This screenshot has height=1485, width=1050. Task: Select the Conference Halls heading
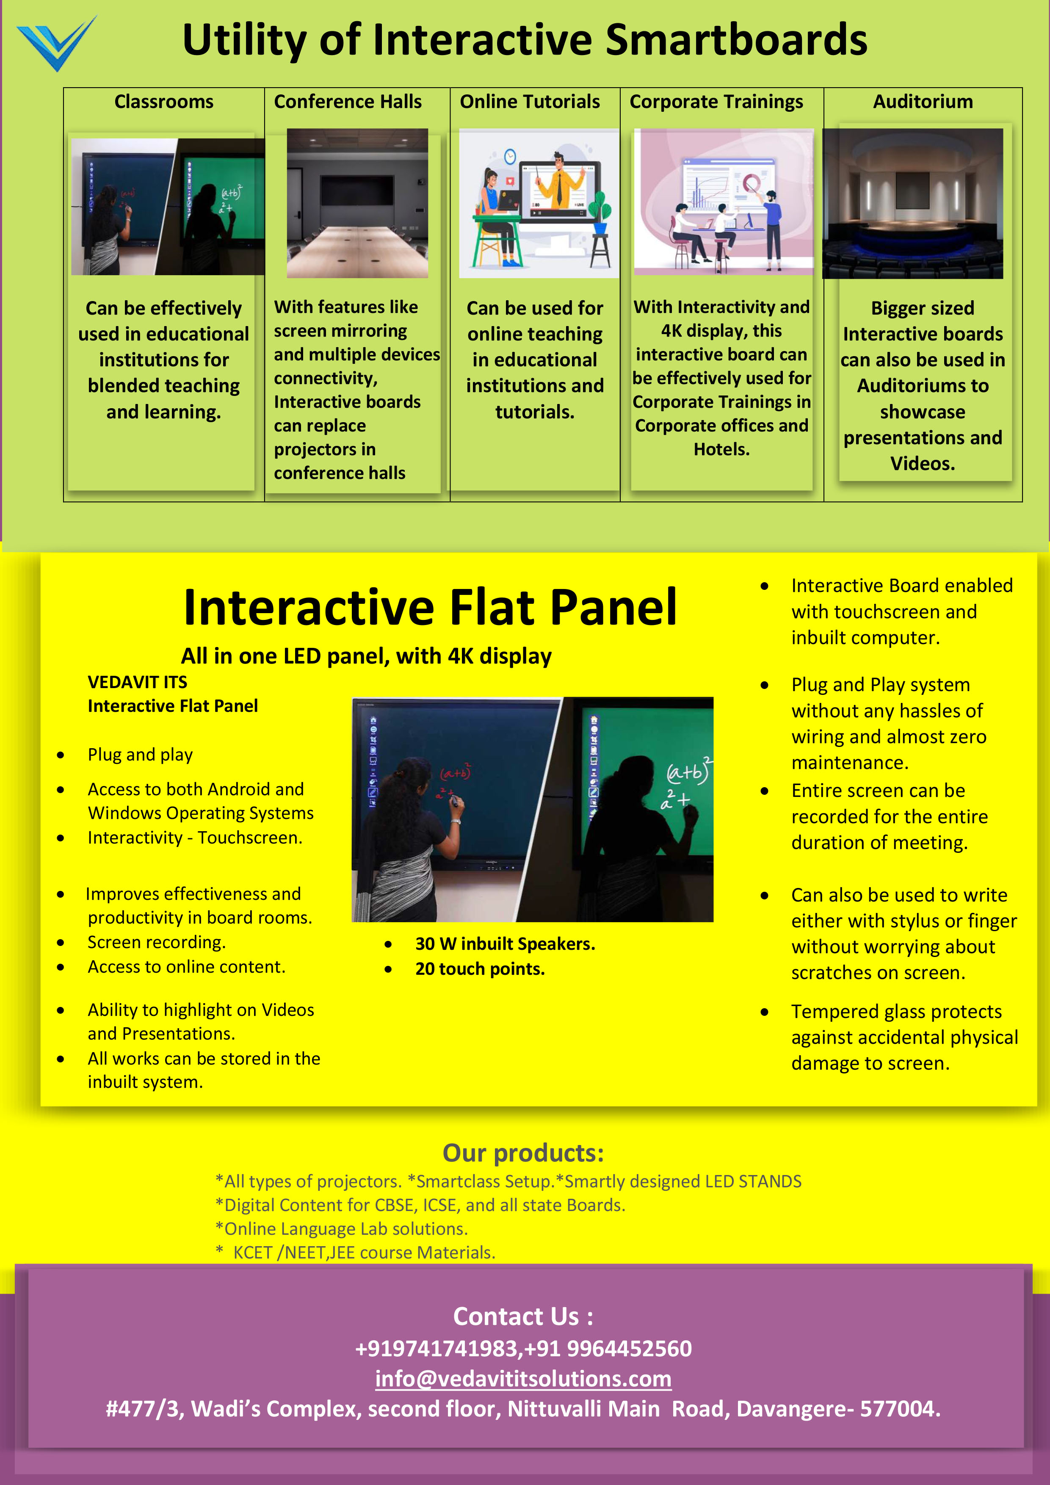(348, 102)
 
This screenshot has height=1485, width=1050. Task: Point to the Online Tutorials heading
(530, 102)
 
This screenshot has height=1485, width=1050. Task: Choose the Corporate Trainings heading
(716, 102)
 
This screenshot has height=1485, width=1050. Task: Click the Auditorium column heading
(923, 102)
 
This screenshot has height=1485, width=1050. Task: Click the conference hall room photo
(357, 203)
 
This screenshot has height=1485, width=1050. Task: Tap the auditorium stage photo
(913, 204)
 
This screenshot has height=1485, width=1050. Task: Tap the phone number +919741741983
(437, 1349)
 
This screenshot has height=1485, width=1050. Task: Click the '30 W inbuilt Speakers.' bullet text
(505, 944)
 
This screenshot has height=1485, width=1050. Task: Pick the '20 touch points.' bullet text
(480, 969)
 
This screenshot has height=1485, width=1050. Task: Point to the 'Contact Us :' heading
(523, 1316)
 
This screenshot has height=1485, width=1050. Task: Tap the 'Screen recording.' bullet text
(157, 942)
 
